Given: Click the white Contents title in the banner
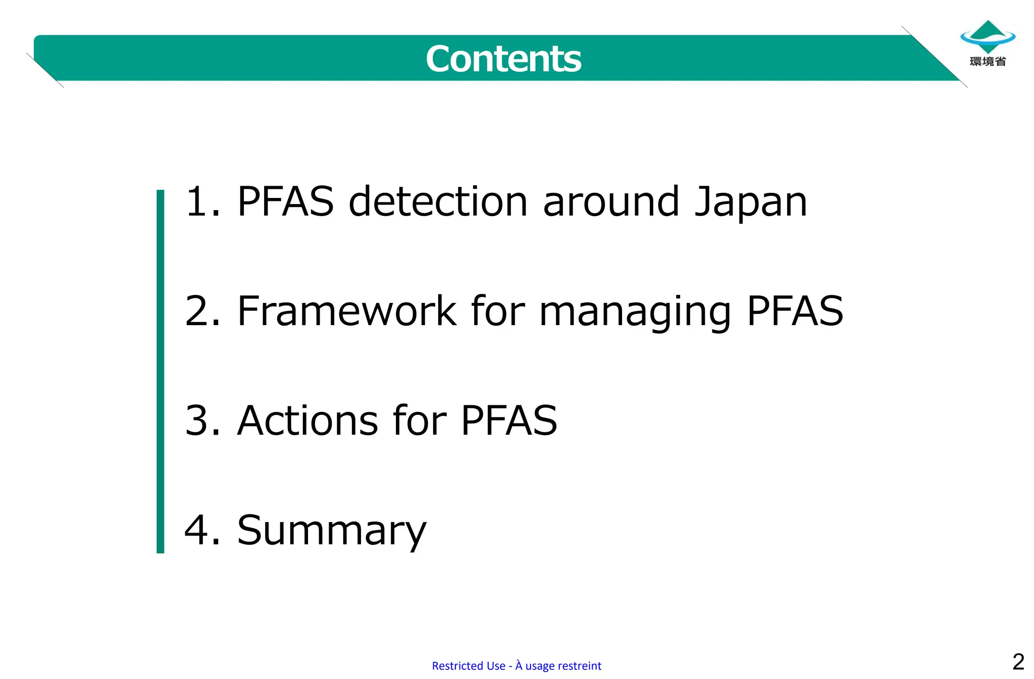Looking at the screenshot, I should pyautogui.click(x=503, y=59).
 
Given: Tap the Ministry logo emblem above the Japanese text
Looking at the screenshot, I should pyautogui.click(x=988, y=36).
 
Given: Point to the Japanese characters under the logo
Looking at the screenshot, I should pyautogui.click(x=988, y=62).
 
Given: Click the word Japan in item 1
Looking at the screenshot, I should pyautogui.click(x=751, y=202).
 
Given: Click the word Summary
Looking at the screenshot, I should pyautogui.click(x=332, y=531).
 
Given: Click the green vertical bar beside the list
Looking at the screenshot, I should pyautogui.click(x=161, y=371).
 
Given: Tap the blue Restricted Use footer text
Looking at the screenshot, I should pyautogui.click(x=516, y=666).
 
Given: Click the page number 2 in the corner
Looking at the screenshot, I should pyautogui.click(x=1018, y=662).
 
